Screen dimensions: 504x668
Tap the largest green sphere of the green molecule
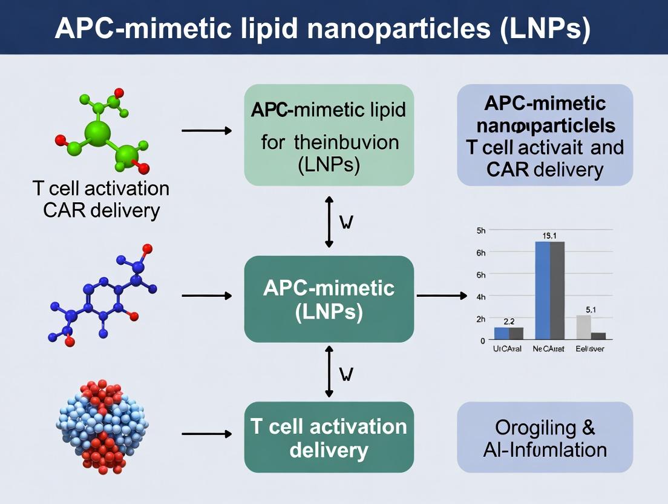click(98, 131)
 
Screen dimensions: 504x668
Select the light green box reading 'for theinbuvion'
click(329, 134)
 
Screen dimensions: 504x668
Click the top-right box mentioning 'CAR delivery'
click(545, 134)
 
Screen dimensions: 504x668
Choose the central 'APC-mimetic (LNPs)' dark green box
click(329, 299)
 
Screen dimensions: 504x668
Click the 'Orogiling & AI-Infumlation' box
click(545, 437)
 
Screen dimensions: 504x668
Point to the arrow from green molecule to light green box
click(207, 131)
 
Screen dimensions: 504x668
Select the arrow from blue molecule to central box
click(207, 296)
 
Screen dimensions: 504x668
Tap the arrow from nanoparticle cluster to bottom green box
click(207, 434)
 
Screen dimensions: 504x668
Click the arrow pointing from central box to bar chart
click(442, 296)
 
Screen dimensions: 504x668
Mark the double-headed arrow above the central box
click(329, 221)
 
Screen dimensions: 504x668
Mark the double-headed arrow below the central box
click(329, 371)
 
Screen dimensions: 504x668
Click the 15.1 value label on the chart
click(549, 236)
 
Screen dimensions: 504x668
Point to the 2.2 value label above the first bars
click(508, 321)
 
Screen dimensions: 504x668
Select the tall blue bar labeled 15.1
click(543, 290)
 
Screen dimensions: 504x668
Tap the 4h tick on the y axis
click(481, 297)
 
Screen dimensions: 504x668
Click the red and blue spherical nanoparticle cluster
click(103, 426)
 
